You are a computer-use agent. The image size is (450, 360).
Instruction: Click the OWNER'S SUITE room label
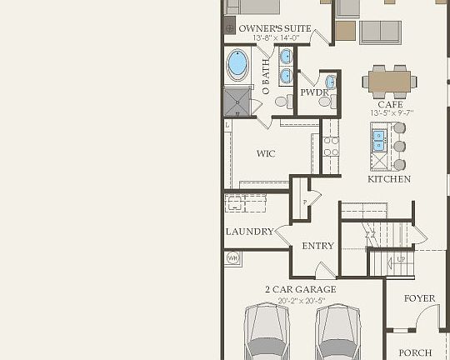[275, 28]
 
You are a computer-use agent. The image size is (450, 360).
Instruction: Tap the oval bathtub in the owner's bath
[238, 63]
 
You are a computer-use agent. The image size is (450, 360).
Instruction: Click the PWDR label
[313, 92]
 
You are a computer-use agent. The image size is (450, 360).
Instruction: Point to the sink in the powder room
[331, 82]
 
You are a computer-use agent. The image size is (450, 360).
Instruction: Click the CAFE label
[390, 104]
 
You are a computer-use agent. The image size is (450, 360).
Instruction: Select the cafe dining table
[390, 81]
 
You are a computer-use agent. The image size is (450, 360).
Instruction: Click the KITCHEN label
[389, 179]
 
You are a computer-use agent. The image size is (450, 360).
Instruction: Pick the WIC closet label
[266, 154]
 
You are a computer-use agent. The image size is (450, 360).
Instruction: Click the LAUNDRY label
[249, 232]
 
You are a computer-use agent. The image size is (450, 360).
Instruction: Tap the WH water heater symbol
[232, 258]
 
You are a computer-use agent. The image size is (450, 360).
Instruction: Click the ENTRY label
[317, 246]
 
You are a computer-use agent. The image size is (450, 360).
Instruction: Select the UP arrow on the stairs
[401, 260]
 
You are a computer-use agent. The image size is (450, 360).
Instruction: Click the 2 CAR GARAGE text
[301, 289]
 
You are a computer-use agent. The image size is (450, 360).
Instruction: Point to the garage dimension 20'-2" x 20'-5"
[301, 299]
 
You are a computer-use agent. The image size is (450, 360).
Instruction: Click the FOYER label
[420, 298]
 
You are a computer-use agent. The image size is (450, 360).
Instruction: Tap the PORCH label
[415, 352]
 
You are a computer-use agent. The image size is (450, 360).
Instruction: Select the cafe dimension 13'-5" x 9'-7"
[390, 113]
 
